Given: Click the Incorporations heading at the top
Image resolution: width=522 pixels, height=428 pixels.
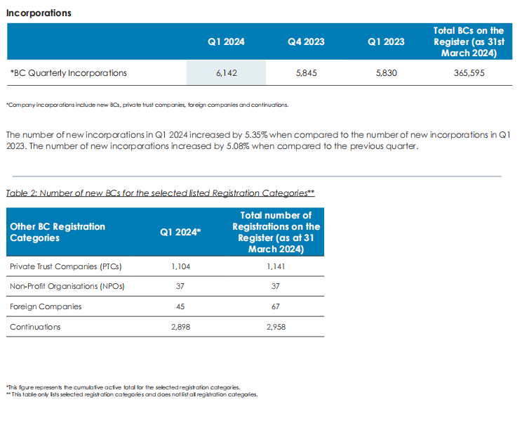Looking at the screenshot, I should [38, 13].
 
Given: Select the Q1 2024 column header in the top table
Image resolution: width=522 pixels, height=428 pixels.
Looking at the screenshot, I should [226, 42].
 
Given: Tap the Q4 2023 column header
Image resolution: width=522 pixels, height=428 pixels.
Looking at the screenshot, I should [306, 42].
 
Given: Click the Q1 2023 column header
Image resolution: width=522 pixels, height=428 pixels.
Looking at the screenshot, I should [386, 42].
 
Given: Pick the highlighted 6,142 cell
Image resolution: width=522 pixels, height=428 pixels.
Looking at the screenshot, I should [226, 73].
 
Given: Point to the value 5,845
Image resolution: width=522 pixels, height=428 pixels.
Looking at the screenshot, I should [306, 73].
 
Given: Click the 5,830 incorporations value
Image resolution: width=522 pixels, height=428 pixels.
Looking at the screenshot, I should [386, 73].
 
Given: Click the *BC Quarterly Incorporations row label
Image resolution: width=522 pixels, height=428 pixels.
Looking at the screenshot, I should [69, 73].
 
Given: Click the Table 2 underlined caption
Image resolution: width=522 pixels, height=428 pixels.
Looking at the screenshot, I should [159, 193].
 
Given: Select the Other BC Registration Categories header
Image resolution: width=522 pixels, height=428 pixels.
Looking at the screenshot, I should [58, 232].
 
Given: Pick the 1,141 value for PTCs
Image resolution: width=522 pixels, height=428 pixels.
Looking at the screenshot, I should [276, 267].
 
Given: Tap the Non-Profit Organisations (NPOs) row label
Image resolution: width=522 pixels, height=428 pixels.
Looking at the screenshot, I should [67, 287].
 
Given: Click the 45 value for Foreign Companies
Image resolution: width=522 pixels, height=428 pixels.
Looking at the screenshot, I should [180, 307].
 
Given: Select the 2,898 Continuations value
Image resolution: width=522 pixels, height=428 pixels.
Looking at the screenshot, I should [180, 328].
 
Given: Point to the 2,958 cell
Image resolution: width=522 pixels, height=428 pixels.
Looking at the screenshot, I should [276, 328].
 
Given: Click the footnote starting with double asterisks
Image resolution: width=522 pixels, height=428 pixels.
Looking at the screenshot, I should [131, 394].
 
